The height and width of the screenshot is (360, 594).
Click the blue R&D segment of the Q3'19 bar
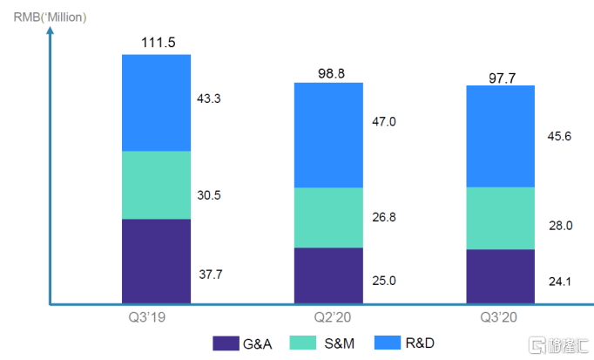point(156,103)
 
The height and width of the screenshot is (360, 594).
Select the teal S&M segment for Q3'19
point(156,185)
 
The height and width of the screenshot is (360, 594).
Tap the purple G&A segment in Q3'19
point(156,261)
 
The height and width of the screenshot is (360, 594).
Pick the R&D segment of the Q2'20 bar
point(328,135)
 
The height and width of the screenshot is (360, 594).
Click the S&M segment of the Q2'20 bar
point(328,218)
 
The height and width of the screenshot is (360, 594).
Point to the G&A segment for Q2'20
point(328,275)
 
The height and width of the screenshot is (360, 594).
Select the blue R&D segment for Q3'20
point(501,136)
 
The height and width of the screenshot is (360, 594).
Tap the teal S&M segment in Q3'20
point(501,218)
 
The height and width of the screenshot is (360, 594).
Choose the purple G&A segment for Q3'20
point(501,276)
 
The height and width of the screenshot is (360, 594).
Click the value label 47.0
point(383,122)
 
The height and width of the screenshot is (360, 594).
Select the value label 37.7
point(211,275)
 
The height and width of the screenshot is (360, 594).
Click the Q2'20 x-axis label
point(328,318)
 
